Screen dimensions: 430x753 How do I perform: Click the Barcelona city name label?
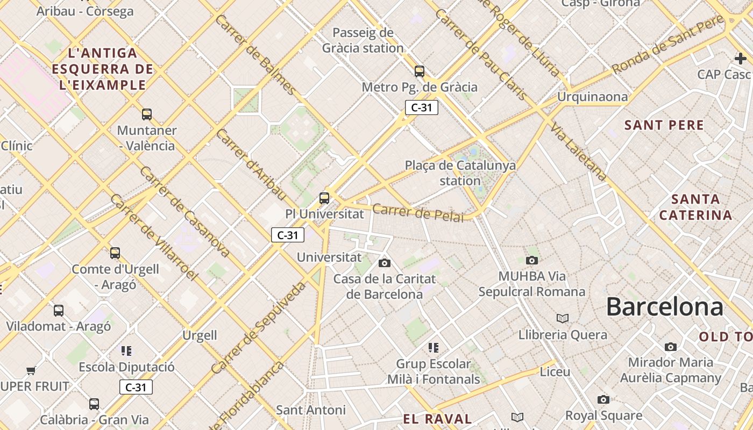point(664,307)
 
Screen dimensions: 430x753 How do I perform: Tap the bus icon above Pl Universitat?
point(324,198)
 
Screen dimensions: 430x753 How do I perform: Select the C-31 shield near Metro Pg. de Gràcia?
point(422,107)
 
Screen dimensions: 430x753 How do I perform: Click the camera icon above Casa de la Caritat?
point(385,263)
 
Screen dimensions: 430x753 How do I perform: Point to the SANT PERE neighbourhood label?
point(664,125)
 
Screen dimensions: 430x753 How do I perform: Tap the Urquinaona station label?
point(592,97)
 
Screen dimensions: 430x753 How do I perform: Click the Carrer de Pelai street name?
point(418,212)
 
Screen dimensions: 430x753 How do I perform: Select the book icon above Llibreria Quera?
point(563,318)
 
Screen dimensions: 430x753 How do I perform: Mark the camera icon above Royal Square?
point(603,399)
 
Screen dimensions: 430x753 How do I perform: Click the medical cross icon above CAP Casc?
point(741,58)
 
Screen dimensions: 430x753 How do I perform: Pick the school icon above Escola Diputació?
point(126,351)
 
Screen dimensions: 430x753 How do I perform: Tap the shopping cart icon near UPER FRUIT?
point(31,370)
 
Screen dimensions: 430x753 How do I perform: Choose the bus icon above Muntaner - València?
point(147,114)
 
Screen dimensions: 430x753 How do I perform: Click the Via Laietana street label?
point(578,151)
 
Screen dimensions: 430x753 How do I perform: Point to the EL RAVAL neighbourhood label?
point(437,419)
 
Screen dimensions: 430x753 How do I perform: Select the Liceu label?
point(555,371)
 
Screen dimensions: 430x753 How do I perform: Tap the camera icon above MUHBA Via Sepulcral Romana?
point(532,261)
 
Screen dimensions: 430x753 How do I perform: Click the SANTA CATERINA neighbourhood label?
point(695,207)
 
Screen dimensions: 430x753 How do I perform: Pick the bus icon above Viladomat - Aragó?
point(59,310)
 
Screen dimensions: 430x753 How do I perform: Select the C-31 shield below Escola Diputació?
point(136,387)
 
